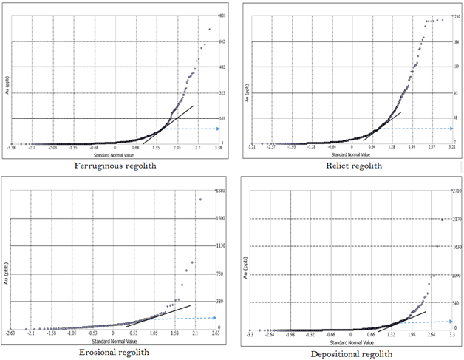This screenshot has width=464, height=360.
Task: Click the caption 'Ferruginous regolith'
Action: point(115,165)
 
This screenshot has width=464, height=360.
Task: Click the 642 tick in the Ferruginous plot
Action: point(221,41)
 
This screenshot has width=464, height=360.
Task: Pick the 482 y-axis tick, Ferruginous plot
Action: point(221,67)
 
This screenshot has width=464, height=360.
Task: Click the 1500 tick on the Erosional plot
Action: point(220,219)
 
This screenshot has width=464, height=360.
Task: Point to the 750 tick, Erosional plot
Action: point(219,274)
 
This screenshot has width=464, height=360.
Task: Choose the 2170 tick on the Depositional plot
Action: point(456,219)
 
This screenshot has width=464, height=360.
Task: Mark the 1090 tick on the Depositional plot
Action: point(456,276)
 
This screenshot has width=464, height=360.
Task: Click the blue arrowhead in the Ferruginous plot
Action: point(217,129)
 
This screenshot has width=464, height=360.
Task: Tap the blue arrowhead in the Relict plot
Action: point(451,129)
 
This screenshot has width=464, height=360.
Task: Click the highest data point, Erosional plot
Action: point(199,199)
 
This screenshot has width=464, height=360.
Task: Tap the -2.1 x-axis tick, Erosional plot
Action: point(33,333)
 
